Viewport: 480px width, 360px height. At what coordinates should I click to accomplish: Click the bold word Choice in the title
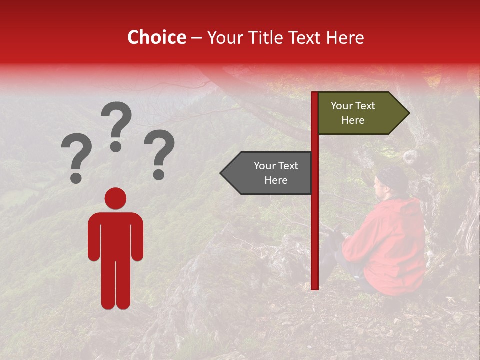click(x=156, y=38)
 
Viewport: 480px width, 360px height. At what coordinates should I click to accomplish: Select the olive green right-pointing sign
click(x=360, y=113)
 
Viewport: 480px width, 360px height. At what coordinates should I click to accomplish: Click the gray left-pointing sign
click(x=267, y=173)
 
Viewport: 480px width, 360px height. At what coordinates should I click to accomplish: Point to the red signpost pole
click(x=315, y=225)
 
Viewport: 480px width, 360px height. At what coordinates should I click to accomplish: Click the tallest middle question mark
click(x=116, y=120)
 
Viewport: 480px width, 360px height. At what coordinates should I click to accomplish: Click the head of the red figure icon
click(x=115, y=198)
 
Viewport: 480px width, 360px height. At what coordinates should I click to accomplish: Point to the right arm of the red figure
click(x=137, y=237)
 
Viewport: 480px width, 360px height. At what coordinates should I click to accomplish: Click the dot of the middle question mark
click(x=116, y=146)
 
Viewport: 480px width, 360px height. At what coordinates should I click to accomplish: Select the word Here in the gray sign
click(x=276, y=180)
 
